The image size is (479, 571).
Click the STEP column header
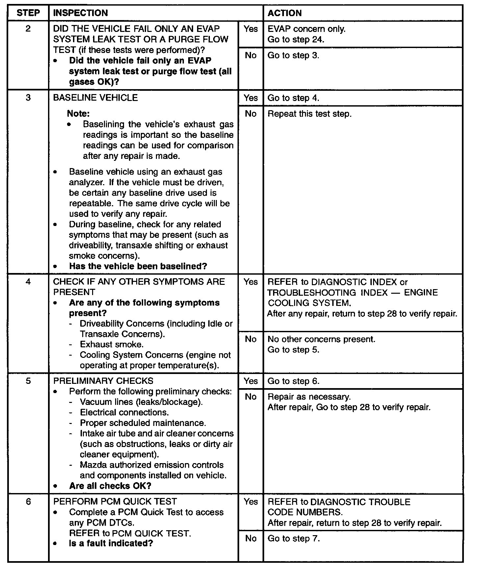tap(28, 13)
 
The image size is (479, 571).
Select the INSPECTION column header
tap(80, 13)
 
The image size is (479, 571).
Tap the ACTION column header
tap(285, 13)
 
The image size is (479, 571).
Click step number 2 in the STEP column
tap(28, 29)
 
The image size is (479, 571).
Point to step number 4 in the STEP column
tap(28, 282)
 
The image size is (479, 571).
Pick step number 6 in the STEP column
tap(28, 502)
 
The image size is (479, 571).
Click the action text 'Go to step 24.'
tap(296, 39)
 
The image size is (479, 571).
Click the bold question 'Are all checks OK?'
tap(110, 486)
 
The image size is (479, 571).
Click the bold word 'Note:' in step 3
tap(78, 113)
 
